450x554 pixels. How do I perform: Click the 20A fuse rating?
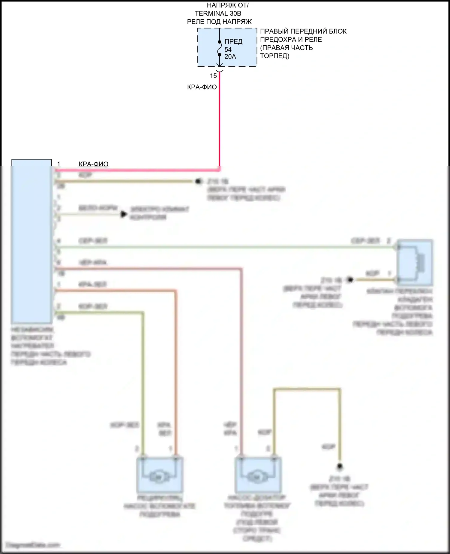click(230, 56)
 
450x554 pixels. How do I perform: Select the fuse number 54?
click(228, 50)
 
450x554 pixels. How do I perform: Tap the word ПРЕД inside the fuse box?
click(233, 42)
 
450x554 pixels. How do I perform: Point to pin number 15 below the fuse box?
click(213, 76)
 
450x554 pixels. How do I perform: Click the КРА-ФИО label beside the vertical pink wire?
click(202, 87)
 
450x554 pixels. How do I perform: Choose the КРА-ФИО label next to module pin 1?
click(93, 164)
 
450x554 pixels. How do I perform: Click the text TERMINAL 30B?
click(218, 14)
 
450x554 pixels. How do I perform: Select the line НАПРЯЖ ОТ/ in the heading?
click(227, 5)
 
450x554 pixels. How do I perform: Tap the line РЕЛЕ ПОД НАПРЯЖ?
click(219, 22)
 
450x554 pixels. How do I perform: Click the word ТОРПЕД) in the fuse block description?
click(274, 56)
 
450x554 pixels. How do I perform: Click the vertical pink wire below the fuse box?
click(220, 120)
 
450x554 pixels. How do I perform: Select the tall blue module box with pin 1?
click(31, 240)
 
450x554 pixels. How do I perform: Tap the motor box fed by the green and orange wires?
click(160, 474)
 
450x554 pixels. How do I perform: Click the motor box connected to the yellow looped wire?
click(258, 474)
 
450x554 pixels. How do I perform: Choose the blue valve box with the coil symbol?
click(415, 262)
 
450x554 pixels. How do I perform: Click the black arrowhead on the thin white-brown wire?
click(123, 214)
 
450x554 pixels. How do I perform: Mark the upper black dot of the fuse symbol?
click(220, 42)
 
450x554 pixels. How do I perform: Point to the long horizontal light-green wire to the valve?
click(225, 247)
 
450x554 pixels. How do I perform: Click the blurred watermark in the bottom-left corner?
click(33, 545)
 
